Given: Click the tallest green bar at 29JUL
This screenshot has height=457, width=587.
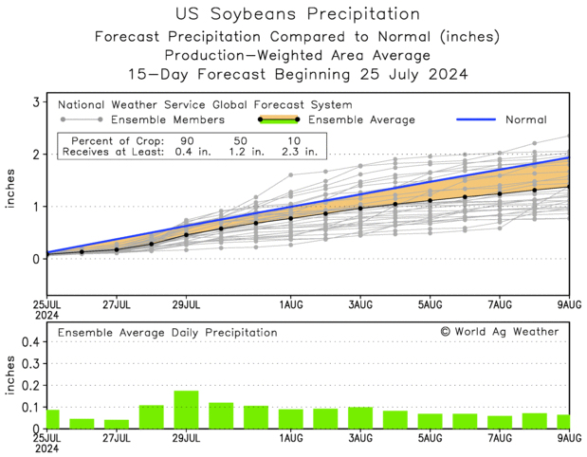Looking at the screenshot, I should tap(186, 410).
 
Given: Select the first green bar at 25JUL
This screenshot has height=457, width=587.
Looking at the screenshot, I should tap(52, 419).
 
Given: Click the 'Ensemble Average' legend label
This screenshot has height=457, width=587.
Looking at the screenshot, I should tap(363, 120).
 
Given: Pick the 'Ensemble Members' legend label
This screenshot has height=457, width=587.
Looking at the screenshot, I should tap(167, 120).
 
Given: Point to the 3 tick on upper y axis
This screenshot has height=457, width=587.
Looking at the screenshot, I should tap(35, 101).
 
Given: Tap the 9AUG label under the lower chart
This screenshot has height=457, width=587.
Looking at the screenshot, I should tap(569, 438).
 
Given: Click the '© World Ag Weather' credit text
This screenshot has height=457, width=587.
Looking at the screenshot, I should tap(499, 332).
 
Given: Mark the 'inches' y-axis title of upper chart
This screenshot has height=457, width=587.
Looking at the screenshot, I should tap(9, 181).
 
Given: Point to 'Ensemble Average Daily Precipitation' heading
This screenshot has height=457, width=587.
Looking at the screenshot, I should tap(167, 333).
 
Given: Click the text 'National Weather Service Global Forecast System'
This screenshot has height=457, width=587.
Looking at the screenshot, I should tap(205, 105).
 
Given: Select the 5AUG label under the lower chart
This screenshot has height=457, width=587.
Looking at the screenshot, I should tap(431, 438).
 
